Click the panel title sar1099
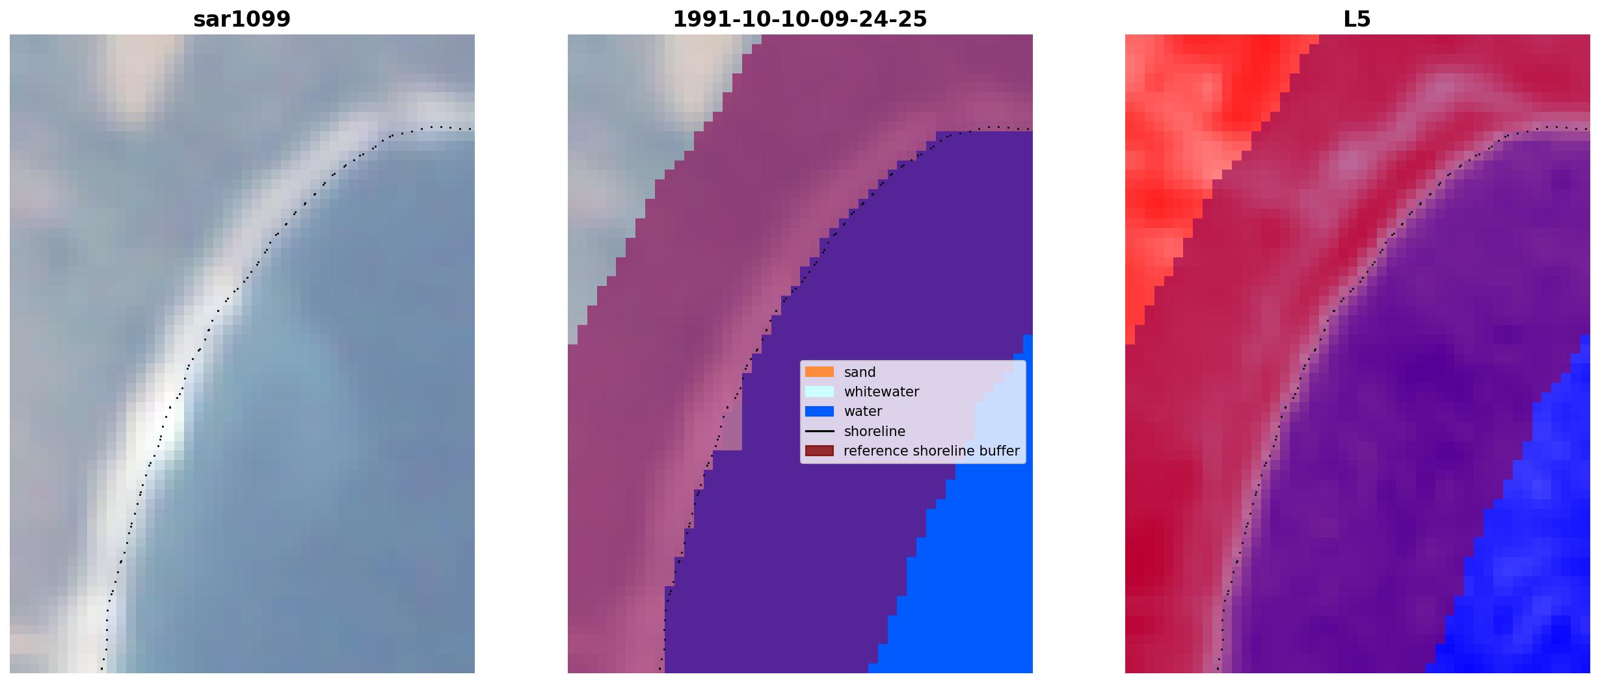click(x=242, y=19)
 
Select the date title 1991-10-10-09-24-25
click(x=799, y=19)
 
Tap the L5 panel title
click(x=1357, y=19)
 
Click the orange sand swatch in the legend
click(x=820, y=372)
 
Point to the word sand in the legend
click(x=860, y=372)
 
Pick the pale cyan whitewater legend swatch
click(x=820, y=392)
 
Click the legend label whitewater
click(x=881, y=392)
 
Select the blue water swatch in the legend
click(x=820, y=411)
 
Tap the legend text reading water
click(x=863, y=411)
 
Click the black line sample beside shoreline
click(x=820, y=432)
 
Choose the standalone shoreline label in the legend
click(x=875, y=432)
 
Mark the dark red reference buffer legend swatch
click(x=820, y=451)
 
